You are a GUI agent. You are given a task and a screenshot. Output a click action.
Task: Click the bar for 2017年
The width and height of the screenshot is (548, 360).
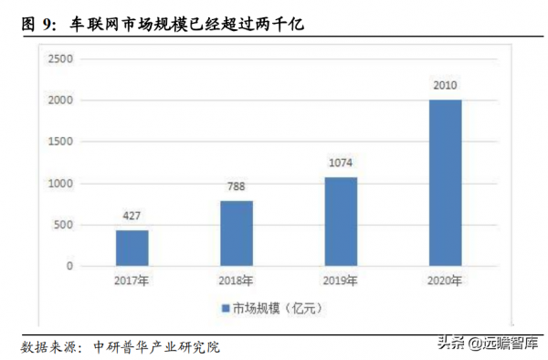(x=132, y=248)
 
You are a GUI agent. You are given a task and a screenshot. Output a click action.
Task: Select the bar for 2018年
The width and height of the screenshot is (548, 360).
(x=236, y=233)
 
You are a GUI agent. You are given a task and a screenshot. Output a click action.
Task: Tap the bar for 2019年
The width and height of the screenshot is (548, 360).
(x=340, y=221)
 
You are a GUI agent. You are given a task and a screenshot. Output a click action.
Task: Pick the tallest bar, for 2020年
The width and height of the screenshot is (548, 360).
(x=445, y=183)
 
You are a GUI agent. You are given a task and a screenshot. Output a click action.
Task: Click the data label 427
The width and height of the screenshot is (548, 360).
(x=132, y=217)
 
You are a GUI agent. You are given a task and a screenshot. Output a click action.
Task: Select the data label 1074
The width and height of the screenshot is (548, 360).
(x=340, y=164)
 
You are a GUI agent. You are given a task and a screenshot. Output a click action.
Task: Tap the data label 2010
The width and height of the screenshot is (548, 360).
(x=445, y=86)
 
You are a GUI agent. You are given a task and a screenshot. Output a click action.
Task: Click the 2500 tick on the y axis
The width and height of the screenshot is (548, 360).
(x=60, y=59)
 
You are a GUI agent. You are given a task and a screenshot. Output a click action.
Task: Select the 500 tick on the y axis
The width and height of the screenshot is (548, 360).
(x=63, y=225)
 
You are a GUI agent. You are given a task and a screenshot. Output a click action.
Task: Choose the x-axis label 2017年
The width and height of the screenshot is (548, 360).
(x=132, y=281)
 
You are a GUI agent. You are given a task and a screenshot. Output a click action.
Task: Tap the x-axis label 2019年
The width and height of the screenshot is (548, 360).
(x=340, y=281)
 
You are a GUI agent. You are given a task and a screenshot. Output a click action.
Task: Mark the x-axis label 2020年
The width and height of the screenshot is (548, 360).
(x=445, y=281)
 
